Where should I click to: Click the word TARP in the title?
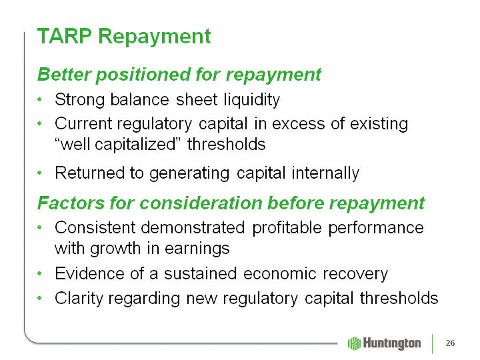pyautogui.click(x=64, y=36)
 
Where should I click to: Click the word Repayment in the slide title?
pyautogui.click(x=155, y=38)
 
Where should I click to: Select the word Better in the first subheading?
pyautogui.click(x=64, y=75)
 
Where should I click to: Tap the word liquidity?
pyautogui.click(x=251, y=100)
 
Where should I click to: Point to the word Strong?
pyautogui.click(x=79, y=100)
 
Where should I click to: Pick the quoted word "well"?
pyautogui.click(x=73, y=144)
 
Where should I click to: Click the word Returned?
pyautogui.click(x=90, y=173)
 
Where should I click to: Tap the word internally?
pyautogui.click(x=325, y=173)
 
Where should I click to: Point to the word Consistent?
pyautogui.click(x=95, y=228)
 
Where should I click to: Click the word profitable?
pyautogui.click(x=287, y=229)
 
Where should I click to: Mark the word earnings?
pyautogui.click(x=197, y=249)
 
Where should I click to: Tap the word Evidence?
pyautogui.click(x=90, y=273)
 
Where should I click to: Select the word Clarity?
pyautogui.click(x=79, y=299)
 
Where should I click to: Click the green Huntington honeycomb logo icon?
pyautogui.click(x=355, y=343)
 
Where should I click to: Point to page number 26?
pyautogui.click(x=450, y=343)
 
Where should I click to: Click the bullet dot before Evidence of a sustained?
pyautogui.click(x=39, y=273)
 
